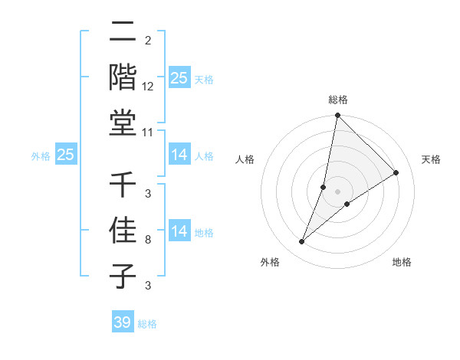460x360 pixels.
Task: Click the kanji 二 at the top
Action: point(123,32)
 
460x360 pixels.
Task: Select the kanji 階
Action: point(123,77)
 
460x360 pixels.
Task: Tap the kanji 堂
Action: point(123,123)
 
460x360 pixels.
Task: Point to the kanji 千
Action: point(123,185)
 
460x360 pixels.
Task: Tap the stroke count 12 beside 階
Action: point(148,87)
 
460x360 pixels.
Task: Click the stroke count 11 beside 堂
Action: point(148,132)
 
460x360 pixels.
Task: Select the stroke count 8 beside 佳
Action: point(147,240)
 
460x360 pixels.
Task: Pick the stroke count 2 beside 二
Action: point(147,41)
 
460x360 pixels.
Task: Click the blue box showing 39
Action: point(123,322)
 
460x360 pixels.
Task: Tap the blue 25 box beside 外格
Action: point(66,155)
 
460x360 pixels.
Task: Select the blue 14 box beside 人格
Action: point(179,155)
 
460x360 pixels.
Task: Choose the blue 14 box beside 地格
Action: point(179,231)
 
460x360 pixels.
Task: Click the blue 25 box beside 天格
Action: point(179,77)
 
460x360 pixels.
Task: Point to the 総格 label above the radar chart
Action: point(337,100)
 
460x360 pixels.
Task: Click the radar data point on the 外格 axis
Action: point(302,242)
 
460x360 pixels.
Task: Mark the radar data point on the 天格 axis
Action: point(396,173)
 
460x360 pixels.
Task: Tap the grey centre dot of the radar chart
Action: point(337,191)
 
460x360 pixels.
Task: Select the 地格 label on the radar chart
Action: point(402,263)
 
